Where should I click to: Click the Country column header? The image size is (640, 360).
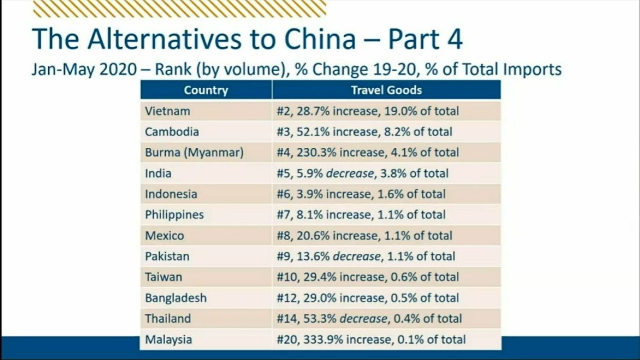206,90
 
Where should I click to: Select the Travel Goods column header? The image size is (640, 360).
386,90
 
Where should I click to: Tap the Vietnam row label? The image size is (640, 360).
167,111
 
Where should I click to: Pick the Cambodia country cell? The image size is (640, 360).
172,132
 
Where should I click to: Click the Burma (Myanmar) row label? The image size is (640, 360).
194,152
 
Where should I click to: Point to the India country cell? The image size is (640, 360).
158,173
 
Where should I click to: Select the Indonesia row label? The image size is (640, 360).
171,194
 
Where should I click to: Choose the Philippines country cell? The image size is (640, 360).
174,215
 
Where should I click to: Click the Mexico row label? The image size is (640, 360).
164,236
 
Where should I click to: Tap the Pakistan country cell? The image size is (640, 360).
167,256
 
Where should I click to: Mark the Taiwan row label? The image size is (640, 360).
164,277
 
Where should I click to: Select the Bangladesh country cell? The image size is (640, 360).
176,298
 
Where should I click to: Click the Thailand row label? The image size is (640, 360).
167,319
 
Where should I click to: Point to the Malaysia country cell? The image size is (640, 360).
168,340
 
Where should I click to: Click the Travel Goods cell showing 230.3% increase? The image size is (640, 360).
368,152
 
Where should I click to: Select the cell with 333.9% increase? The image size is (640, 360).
371,340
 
